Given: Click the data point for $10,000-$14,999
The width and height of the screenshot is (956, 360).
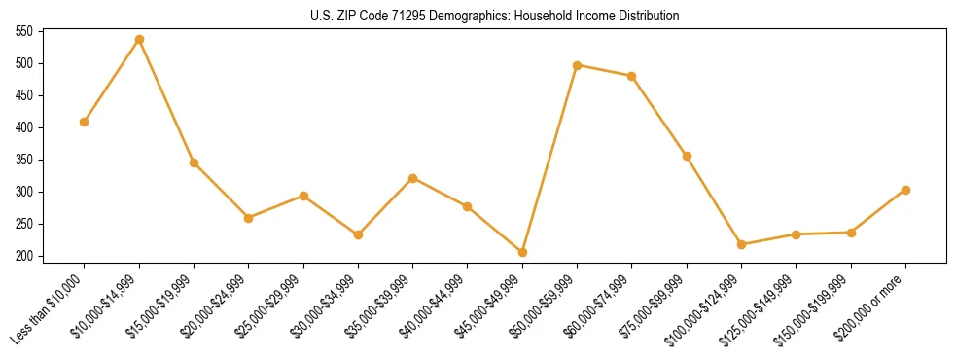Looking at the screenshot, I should pyautogui.click(x=139, y=39).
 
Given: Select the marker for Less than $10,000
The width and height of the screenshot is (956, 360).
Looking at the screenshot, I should pyautogui.click(x=85, y=122).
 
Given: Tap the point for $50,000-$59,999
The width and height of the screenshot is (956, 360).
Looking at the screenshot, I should pyautogui.click(x=578, y=65).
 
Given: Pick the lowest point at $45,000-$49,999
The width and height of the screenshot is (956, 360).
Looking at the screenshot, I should pyautogui.click(x=522, y=252).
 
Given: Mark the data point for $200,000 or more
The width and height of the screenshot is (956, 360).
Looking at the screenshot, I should pyautogui.click(x=905, y=190).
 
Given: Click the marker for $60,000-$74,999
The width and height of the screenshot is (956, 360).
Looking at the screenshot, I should pyautogui.click(x=632, y=76).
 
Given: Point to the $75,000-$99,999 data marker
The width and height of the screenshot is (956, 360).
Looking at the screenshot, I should pyautogui.click(x=687, y=156).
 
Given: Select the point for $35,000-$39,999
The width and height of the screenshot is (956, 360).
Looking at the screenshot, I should pyautogui.click(x=413, y=178).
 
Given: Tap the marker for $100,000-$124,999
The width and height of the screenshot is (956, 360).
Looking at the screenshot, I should pyautogui.click(x=741, y=244).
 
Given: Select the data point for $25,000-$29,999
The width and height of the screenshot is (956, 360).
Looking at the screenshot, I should pyautogui.click(x=303, y=196).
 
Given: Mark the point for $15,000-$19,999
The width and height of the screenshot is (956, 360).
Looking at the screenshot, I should pyautogui.click(x=194, y=162).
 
